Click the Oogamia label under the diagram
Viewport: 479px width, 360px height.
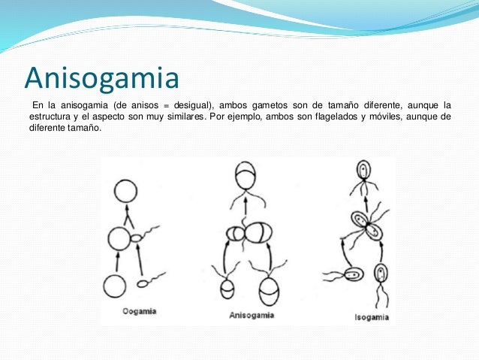(140, 311)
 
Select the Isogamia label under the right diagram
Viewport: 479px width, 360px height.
(371, 317)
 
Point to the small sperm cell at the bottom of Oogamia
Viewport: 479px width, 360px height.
(143, 284)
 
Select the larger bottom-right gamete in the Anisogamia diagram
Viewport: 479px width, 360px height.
(270, 290)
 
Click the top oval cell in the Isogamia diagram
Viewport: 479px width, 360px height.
(363, 170)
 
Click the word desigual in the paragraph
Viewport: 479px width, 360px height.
(190, 103)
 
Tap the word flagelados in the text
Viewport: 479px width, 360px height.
(339, 116)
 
